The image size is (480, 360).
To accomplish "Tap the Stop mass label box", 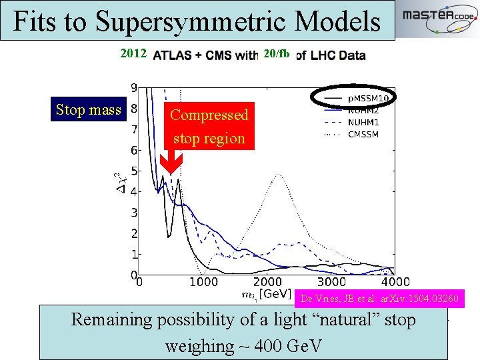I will click(x=89, y=110).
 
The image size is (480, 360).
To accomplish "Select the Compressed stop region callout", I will click(x=209, y=127).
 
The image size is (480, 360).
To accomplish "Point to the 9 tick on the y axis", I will click(x=133, y=87).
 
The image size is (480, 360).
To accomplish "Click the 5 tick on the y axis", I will click(x=133, y=171).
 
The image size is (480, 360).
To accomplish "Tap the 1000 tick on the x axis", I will click(x=204, y=283).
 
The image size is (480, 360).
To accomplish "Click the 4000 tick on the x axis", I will click(x=395, y=283).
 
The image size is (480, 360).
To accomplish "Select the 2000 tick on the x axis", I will click(x=268, y=283).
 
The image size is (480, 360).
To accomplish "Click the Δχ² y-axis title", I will click(x=118, y=181).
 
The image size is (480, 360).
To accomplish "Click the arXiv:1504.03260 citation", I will click(x=379, y=299).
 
